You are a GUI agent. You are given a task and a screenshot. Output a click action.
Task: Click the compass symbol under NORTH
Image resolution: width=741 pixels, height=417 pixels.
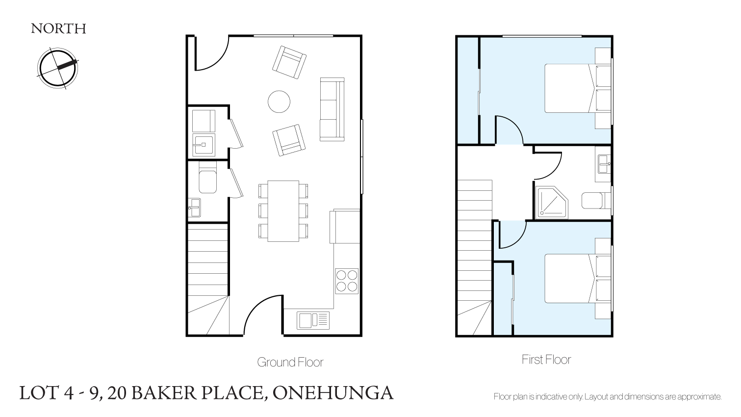(x=57, y=68)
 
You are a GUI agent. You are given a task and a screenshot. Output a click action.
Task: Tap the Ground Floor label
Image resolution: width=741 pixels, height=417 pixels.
(x=290, y=362)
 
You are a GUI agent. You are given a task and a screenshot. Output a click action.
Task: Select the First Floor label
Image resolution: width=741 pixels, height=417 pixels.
(x=546, y=360)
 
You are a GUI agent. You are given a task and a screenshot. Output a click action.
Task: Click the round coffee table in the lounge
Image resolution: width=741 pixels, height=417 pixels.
(x=279, y=102)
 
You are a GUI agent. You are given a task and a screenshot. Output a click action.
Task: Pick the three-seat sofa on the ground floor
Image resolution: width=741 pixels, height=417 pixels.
(x=332, y=109)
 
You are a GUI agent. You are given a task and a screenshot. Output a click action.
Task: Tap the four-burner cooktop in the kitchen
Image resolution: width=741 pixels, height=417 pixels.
(x=347, y=281)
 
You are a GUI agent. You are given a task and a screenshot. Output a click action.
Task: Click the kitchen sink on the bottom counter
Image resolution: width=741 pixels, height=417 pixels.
(x=313, y=320)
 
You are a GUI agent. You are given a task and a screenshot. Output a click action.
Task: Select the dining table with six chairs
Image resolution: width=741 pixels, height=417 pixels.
(x=283, y=211)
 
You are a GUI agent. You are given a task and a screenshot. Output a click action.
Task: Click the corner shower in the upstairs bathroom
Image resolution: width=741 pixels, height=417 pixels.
(x=551, y=202)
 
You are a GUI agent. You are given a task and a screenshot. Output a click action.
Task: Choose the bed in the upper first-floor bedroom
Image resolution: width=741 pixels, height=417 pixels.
(x=578, y=88)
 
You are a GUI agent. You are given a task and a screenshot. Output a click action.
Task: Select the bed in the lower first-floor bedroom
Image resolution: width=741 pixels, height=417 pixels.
(x=578, y=278)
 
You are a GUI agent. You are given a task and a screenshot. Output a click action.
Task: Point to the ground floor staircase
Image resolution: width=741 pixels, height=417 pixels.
(x=208, y=279)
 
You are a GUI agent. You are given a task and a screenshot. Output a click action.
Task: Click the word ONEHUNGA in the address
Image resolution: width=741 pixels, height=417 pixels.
(x=333, y=393)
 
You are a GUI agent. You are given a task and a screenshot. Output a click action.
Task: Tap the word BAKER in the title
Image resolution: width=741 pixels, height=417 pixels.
(x=164, y=393)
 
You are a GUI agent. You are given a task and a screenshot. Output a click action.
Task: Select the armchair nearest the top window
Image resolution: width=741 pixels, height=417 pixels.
(x=289, y=62)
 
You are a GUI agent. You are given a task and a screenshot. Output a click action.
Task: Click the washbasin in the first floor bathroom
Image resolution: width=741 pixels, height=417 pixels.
(x=604, y=164)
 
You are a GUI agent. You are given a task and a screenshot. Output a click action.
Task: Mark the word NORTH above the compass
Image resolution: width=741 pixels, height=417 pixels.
(x=58, y=29)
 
